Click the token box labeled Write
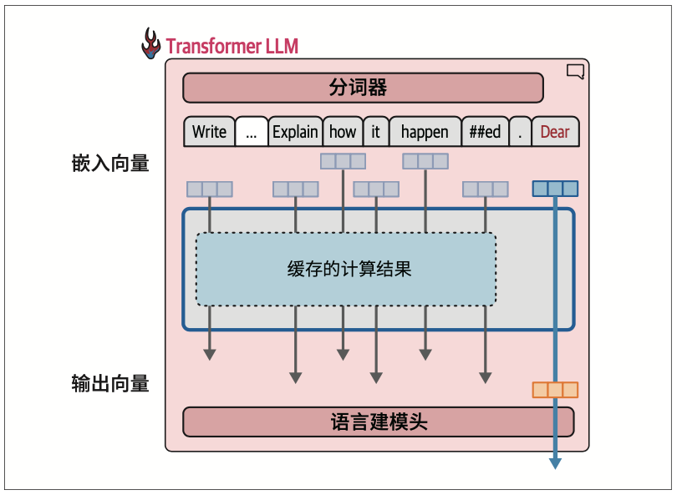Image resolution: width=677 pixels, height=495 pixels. [209, 132]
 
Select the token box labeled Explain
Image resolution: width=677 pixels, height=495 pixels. [295, 132]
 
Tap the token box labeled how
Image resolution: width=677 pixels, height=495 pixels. [343, 132]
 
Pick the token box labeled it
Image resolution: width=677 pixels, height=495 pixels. [375, 132]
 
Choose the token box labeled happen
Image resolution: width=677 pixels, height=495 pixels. [425, 132]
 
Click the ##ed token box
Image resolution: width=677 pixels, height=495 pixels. [485, 132]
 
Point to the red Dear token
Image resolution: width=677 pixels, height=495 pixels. [555, 132]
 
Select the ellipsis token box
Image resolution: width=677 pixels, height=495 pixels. [252, 132]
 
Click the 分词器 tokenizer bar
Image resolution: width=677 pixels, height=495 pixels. [363, 88]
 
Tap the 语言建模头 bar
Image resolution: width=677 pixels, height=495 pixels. [378, 422]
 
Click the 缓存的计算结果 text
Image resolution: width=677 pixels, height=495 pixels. [349, 270]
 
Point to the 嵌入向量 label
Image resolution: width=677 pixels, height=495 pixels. [110, 164]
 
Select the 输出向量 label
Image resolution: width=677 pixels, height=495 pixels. [110, 384]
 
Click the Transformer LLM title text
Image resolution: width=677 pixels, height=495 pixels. [232, 46]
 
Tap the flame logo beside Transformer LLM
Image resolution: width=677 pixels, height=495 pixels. [150, 43]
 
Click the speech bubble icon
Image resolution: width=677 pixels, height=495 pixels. [575, 72]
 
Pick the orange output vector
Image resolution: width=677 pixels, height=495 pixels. [555, 390]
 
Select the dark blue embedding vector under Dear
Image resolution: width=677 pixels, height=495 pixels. [555, 189]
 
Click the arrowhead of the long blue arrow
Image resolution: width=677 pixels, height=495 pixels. [555, 463]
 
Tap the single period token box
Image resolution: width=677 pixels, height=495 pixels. [520, 132]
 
